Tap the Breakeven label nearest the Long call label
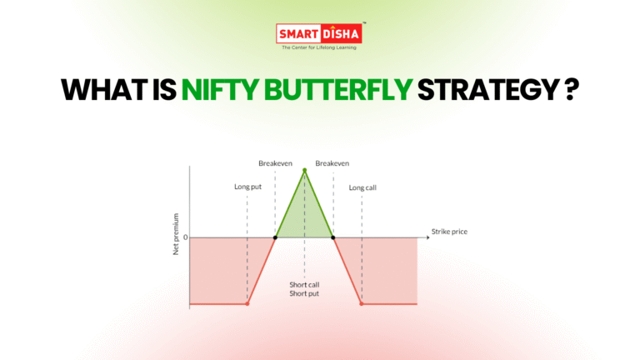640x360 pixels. (x=332, y=164)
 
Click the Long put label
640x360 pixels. (x=247, y=187)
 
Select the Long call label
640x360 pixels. (x=362, y=187)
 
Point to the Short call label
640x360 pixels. (x=304, y=284)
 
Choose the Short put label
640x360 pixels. (x=304, y=293)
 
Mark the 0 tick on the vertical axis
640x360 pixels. (x=185, y=238)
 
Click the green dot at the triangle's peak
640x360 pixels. (x=304, y=170)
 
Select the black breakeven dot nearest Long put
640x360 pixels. (x=275, y=238)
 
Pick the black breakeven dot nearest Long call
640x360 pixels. (x=333, y=238)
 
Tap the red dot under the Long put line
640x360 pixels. (x=247, y=303)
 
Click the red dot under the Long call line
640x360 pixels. (x=362, y=303)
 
